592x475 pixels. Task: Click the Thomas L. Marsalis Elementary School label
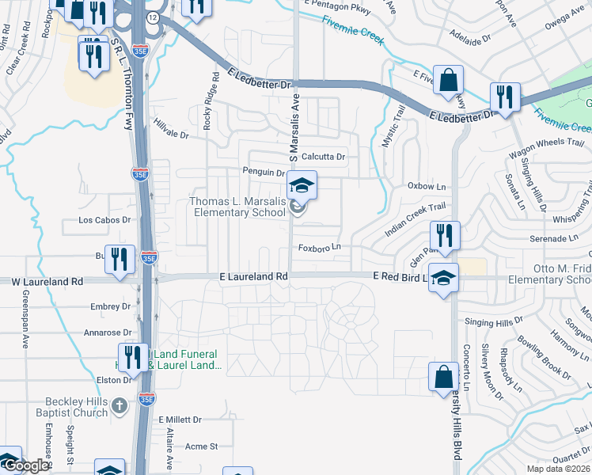coord(237,207)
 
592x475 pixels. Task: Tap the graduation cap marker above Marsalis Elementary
coord(302,185)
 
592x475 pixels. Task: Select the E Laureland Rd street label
coord(252,276)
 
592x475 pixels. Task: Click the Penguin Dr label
coord(263,172)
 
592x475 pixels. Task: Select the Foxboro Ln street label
coord(319,248)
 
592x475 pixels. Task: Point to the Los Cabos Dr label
coord(104,221)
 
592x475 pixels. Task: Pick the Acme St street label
coord(201,446)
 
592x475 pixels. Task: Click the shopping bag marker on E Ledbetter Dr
coord(448,81)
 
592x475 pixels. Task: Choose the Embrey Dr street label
coord(110,306)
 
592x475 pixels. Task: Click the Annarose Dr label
coord(108,333)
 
